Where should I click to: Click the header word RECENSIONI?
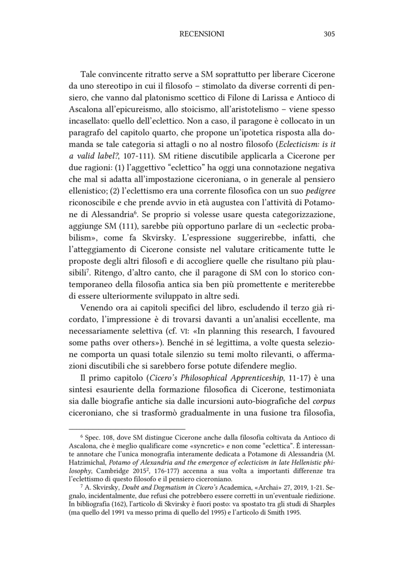point(202,34)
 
